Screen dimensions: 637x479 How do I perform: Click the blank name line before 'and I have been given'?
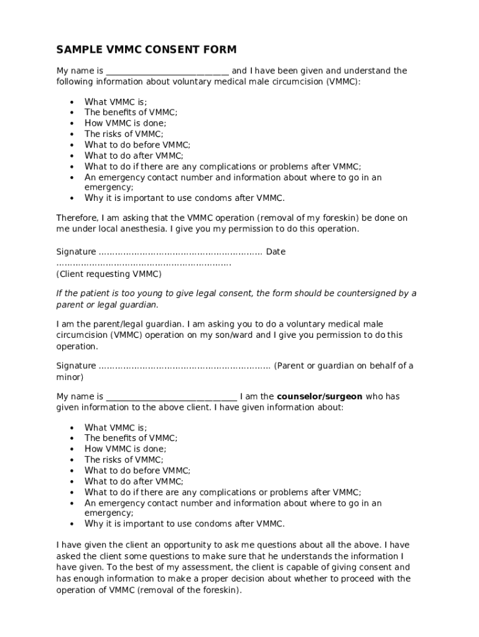click(167, 72)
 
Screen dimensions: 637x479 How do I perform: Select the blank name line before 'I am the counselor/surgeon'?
click(172, 397)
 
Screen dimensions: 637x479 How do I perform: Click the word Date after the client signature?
click(276, 252)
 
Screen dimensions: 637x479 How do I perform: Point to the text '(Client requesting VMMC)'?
click(109, 274)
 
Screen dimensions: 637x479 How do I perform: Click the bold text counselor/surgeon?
click(319, 397)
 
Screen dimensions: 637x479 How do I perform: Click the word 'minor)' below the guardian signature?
click(70, 377)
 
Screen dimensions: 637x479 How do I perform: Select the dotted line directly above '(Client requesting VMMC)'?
click(144, 264)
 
